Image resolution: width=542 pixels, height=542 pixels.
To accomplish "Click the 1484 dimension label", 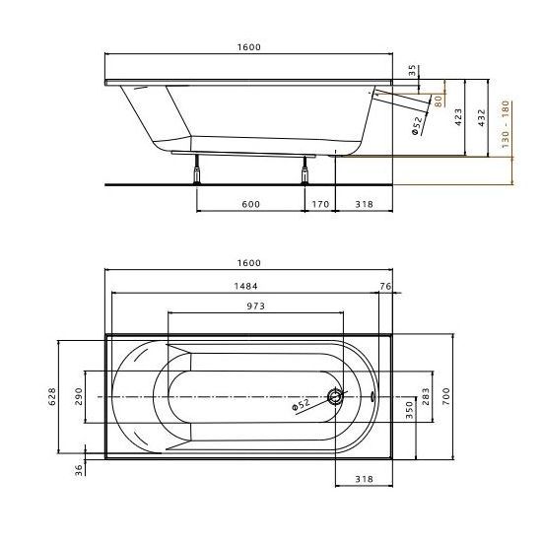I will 247,287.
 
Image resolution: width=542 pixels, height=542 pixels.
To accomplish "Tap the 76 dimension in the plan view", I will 385,287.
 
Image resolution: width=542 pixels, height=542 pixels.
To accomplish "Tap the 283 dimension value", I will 427,396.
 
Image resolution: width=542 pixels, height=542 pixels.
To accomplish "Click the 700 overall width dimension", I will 445,397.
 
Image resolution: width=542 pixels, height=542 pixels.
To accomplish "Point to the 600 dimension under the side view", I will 249,204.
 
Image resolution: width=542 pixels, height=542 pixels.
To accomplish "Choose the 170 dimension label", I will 319,204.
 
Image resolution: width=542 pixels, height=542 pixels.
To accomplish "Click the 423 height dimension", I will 458,117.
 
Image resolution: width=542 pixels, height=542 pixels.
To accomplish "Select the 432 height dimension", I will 480,117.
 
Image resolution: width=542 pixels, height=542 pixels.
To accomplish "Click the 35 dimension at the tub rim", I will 413,72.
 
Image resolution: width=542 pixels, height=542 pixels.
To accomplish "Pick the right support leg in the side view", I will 304,169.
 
